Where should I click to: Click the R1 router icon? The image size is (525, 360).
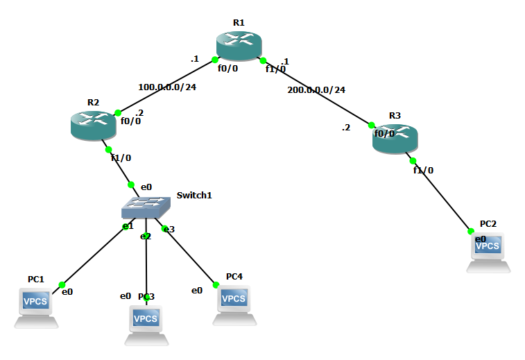click(x=239, y=46)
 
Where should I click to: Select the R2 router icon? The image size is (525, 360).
click(x=94, y=126)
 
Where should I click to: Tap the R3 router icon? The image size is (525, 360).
click(x=395, y=139)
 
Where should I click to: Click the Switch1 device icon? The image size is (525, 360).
click(x=145, y=207)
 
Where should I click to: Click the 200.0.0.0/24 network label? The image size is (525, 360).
click(x=316, y=90)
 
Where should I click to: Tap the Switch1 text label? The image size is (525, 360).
click(x=194, y=196)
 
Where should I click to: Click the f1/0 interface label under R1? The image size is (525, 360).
click(x=275, y=69)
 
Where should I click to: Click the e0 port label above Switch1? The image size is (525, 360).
click(x=146, y=187)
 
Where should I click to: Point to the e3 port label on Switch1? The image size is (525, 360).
click(x=169, y=229)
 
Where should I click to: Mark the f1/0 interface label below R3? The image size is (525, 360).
click(x=423, y=170)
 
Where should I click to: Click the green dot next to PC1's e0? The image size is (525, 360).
click(x=62, y=285)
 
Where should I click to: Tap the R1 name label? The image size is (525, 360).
click(x=239, y=22)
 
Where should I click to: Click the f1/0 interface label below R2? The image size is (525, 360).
click(x=121, y=157)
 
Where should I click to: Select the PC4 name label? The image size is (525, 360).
click(x=234, y=276)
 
